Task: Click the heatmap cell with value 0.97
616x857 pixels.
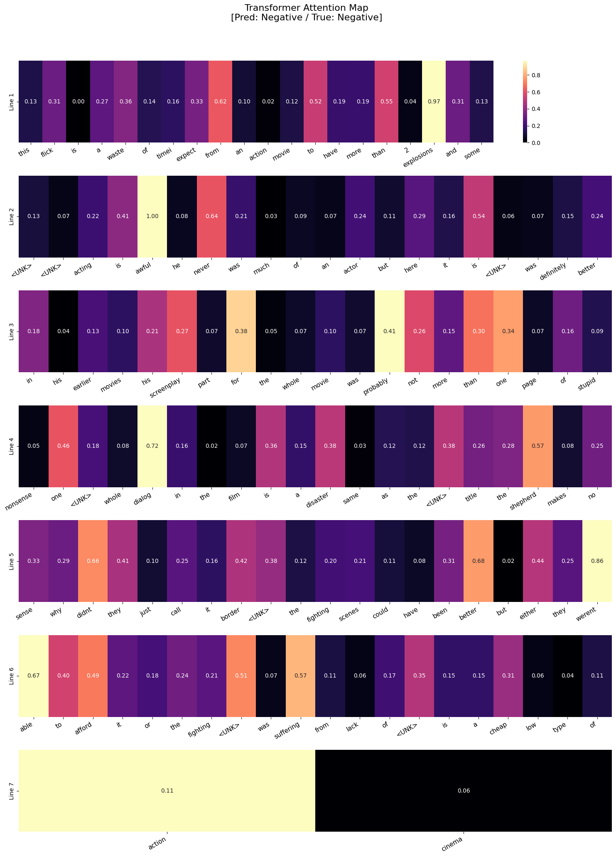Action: coord(434,102)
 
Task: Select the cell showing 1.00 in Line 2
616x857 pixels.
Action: coord(152,216)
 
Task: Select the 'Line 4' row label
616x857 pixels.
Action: coord(12,446)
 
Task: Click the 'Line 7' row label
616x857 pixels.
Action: coord(12,791)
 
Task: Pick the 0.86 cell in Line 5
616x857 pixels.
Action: coord(597,561)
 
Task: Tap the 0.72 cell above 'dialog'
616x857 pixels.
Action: coord(152,446)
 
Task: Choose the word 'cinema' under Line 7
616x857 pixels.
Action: coord(452,845)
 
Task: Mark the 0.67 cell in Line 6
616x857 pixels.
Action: coord(34,675)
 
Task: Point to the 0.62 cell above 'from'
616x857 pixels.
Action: coord(220,102)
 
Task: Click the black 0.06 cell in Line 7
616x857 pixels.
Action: coord(464,791)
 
